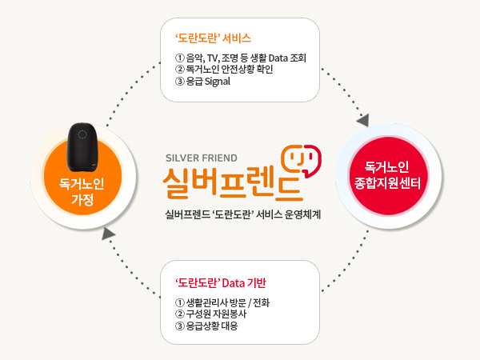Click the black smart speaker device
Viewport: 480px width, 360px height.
pos(82,147)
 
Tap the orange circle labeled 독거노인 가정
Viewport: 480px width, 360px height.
pos(82,177)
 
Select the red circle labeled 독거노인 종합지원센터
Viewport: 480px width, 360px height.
pos(387,175)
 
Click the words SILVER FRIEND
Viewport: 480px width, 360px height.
pos(202,158)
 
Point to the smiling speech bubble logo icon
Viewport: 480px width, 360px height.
pos(302,160)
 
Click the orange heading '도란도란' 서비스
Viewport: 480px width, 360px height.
pos(213,38)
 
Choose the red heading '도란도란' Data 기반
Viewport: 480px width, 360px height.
pos(221,283)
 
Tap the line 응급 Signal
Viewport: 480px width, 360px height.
pos(202,82)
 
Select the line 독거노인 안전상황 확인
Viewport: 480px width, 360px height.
pos(224,69)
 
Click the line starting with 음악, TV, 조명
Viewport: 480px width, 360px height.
pos(241,58)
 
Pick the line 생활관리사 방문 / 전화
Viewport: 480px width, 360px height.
pos(222,302)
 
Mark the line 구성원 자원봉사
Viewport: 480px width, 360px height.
pos(210,314)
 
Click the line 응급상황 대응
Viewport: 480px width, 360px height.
pos(206,326)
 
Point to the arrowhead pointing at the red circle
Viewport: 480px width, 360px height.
pos(363,120)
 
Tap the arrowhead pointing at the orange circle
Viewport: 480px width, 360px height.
pos(108,234)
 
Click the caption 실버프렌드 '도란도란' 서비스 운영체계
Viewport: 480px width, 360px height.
pos(242,214)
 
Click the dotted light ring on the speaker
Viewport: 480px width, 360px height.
pos(82,134)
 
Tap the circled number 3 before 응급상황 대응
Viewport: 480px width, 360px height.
pos(180,326)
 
